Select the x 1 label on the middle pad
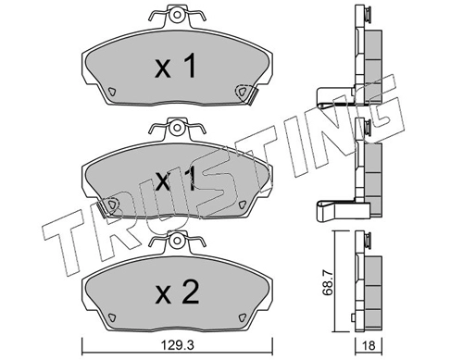(x=174, y=180)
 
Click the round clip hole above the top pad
(x=173, y=16)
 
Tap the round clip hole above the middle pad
(x=173, y=129)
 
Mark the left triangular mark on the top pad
(x=112, y=92)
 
